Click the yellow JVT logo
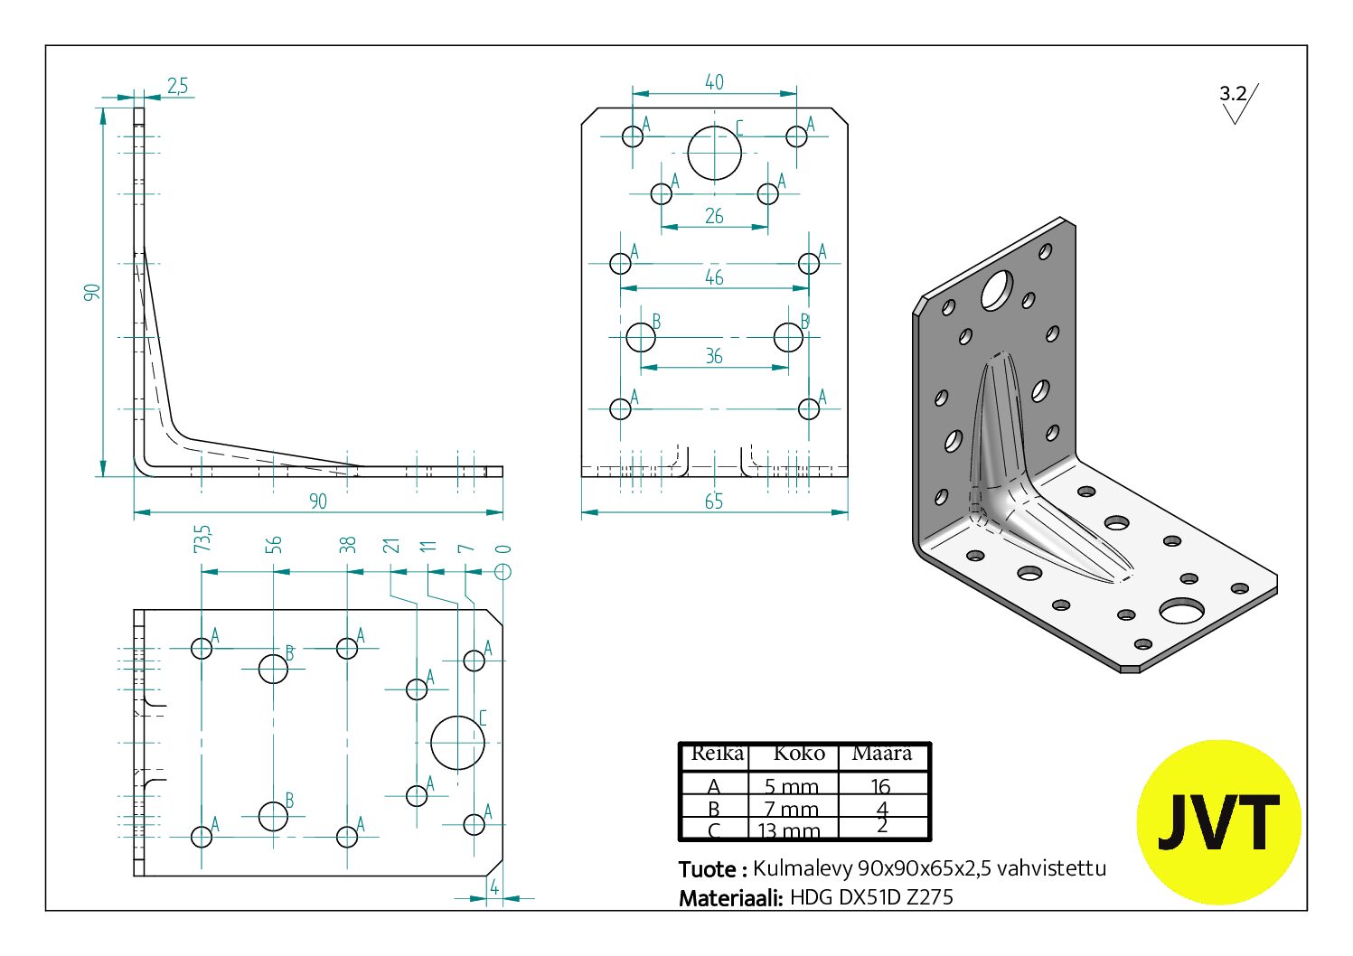pyautogui.click(x=1218, y=822)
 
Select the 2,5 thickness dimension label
pyautogui.click(x=177, y=86)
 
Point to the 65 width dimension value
pyautogui.click(x=714, y=501)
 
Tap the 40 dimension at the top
pyautogui.click(x=714, y=82)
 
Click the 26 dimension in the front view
pyautogui.click(x=714, y=217)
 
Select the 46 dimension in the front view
pyautogui.click(x=714, y=277)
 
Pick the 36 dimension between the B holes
pyautogui.click(x=714, y=357)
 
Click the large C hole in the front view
pyautogui.click(x=714, y=153)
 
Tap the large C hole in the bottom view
pyautogui.click(x=457, y=743)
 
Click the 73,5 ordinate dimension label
pyautogui.click(x=202, y=539)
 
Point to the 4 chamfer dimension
pyautogui.click(x=494, y=887)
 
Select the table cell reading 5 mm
pyautogui.click(x=792, y=786)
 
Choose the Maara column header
pyautogui.click(x=882, y=754)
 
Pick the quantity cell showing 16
pyautogui.click(x=881, y=786)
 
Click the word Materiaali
pyautogui.click(x=730, y=897)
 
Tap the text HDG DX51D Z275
pyautogui.click(x=871, y=897)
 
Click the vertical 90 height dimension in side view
pyautogui.click(x=92, y=292)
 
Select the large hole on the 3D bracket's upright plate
pyautogui.click(x=997, y=290)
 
